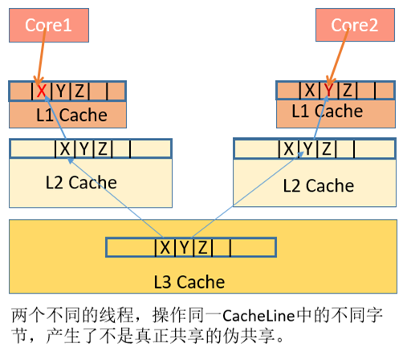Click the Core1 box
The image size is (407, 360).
pyautogui.click(x=49, y=25)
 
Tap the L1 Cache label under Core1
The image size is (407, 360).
pyautogui.click(x=71, y=115)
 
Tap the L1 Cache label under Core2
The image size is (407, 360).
pyautogui.click(x=328, y=111)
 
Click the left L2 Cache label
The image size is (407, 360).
pyautogui.click(x=81, y=182)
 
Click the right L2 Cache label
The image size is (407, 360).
pyautogui.click(x=318, y=185)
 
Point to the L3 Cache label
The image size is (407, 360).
pyautogui.click(x=189, y=281)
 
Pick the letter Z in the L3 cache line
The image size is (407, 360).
pyautogui.click(x=204, y=247)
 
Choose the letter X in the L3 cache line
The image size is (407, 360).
pyautogui.click(x=165, y=247)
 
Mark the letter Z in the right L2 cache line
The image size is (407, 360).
pyautogui.click(x=326, y=148)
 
